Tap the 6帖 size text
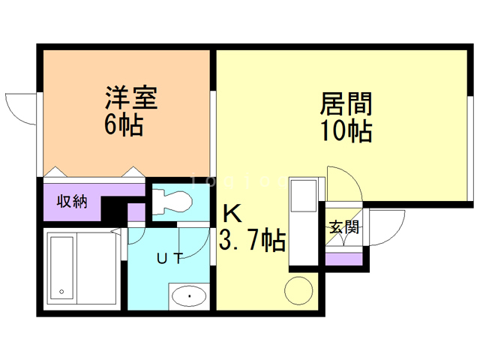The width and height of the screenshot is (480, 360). pyautogui.click(x=124, y=125)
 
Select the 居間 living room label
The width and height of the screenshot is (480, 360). pyautogui.click(x=347, y=103)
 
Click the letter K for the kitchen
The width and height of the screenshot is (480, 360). pyautogui.click(x=232, y=214)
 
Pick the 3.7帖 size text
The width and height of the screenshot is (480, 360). pyautogui.click(x=251, y=241)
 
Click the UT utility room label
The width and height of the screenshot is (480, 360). pyautogui.click(x=169, y=259)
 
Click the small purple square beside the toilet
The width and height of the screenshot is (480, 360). pyautogui.click(x=136, y=213)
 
